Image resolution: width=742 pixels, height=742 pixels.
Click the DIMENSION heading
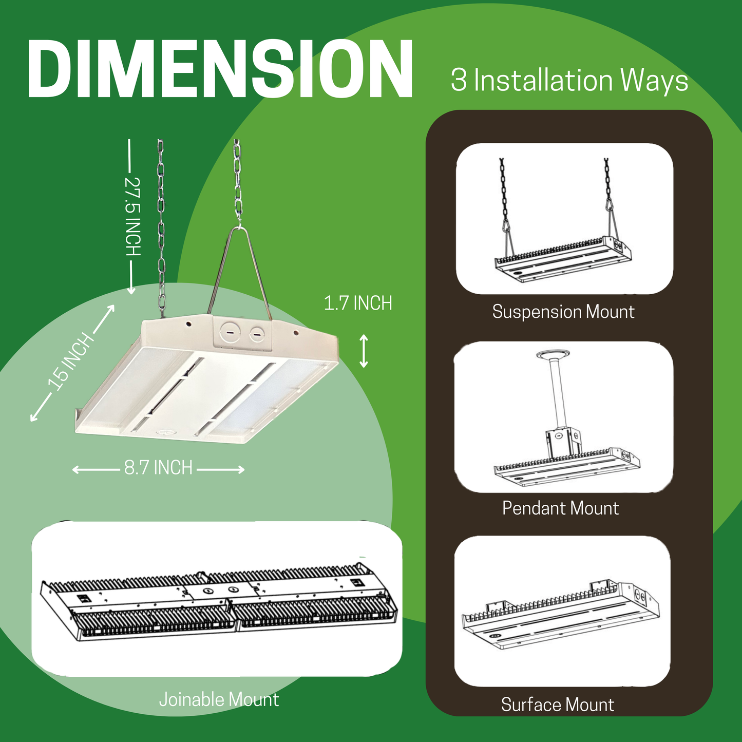(x=220, y=69)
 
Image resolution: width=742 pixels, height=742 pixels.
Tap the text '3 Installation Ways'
(x=569, y=81)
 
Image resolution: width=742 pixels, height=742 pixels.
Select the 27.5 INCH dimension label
(x=132, y=216)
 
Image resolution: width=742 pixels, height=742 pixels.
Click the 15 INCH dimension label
(x=71, y=361)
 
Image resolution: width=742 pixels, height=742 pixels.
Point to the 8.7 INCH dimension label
(x=158, y=468)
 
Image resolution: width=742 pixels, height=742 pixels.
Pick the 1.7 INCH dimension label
(x=358, y=303)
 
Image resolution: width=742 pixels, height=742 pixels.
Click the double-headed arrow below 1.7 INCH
(x=364, y=351)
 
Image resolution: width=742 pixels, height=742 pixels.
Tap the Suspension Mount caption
(x=563, y=312)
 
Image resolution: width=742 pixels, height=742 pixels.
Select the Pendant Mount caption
(x=560, y=508)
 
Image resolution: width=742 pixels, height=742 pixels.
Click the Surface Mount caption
(x=557, y=705)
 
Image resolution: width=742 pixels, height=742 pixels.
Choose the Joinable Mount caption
(x=219, y=699)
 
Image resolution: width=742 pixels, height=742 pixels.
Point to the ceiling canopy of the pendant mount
(x=553, y=355)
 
